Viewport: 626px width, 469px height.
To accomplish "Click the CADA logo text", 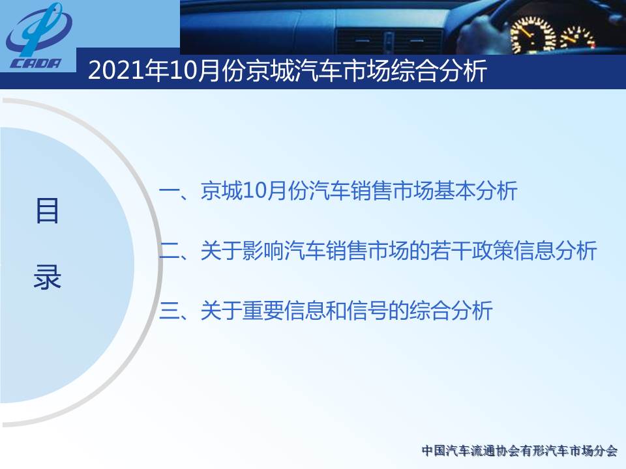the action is [x=36, y=63].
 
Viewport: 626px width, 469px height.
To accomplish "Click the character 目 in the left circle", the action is [x=47, y=210].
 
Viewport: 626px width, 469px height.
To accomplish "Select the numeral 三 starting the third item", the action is [x=170, y=310].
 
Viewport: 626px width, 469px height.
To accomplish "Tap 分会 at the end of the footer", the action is [x=606, y=451].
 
